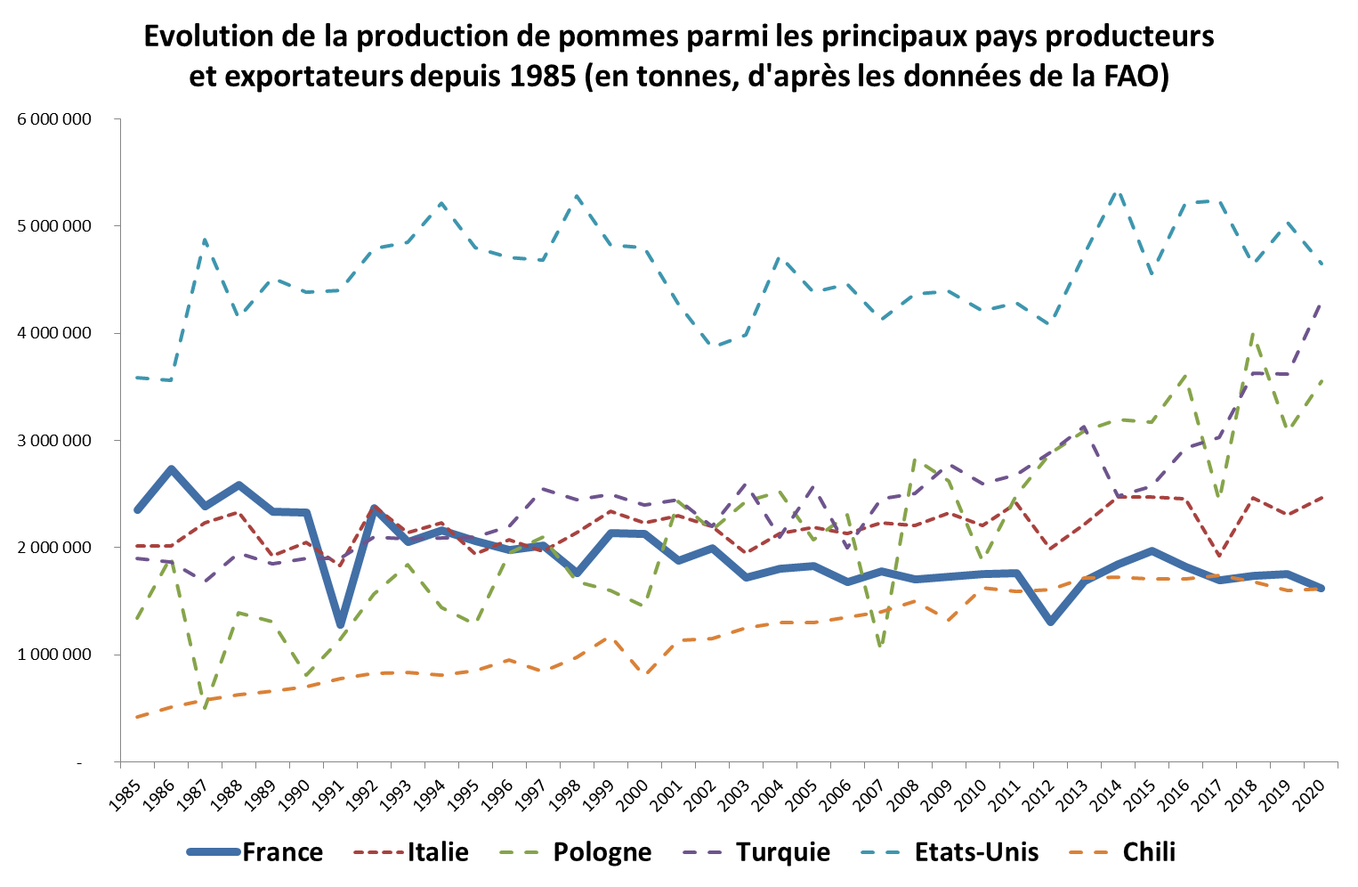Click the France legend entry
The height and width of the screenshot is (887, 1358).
tap(282, 852)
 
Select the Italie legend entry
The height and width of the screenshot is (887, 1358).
tap(438, 852)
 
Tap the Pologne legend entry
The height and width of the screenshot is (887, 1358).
tap(602, 852)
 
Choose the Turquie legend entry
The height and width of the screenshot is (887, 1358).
tap(782, 852)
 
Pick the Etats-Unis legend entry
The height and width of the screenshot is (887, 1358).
tap(976, 852)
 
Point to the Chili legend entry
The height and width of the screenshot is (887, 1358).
tap(1149, 852)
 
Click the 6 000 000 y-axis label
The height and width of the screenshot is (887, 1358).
tap(54, 119)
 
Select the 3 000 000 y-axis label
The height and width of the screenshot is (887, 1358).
tap(54, 441)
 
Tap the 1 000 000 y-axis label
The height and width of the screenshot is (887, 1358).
tap(54, 655)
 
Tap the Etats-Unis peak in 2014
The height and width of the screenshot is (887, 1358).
tap(1118, 190)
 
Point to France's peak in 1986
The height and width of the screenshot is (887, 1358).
tap(171, 469)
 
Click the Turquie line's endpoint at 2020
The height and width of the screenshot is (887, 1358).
tap(1321, 304)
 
